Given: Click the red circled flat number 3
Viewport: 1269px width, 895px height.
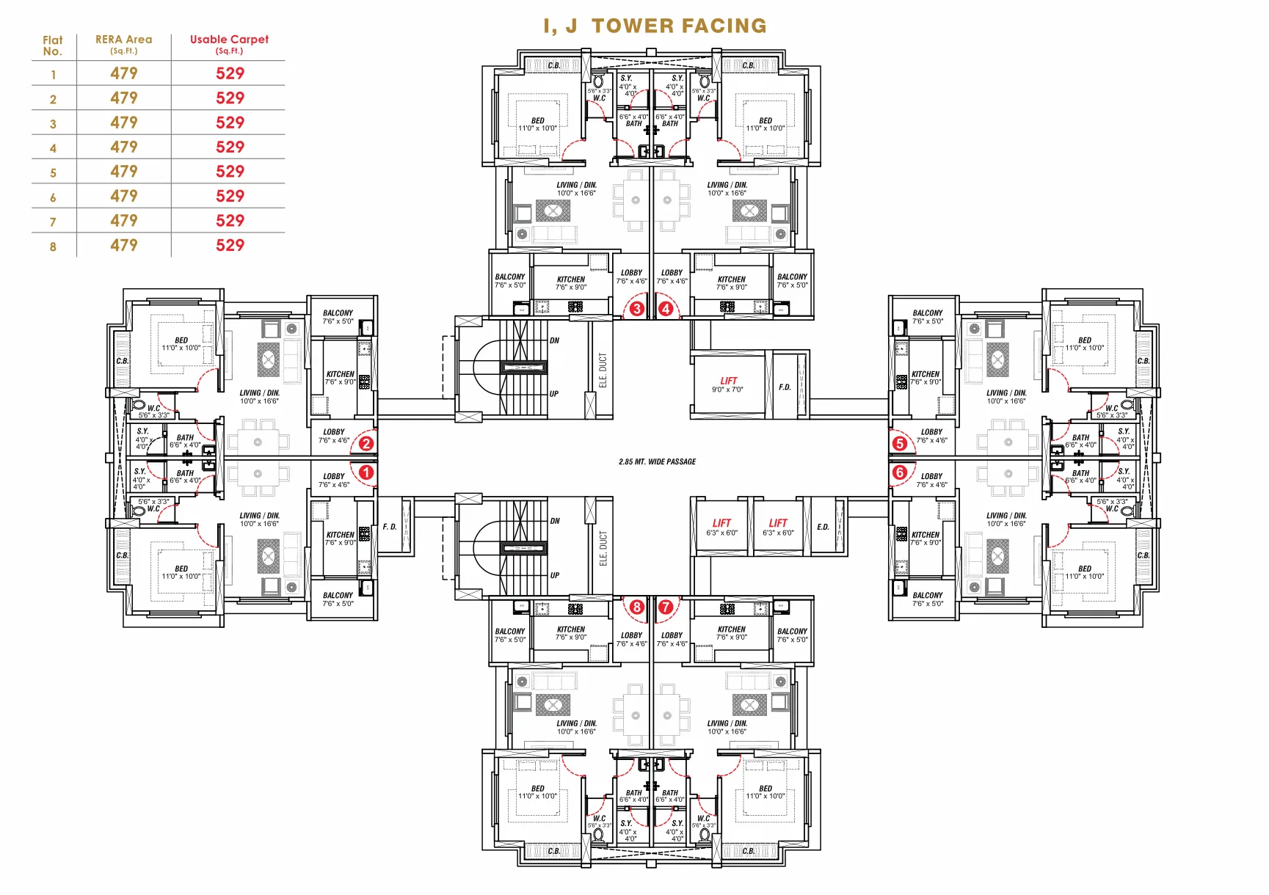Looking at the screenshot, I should (636, 309).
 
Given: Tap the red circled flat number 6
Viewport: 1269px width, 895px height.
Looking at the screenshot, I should (900, 472).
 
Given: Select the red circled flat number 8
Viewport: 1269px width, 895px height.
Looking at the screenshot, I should (636, 607).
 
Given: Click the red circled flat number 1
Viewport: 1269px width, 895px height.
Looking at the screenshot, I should (366, 472).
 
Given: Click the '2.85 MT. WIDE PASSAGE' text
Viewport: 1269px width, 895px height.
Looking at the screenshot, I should (657, 461).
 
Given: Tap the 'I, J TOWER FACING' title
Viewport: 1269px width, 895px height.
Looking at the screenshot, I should (655, 26).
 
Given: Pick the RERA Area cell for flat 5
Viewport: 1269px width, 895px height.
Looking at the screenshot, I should (124, 172).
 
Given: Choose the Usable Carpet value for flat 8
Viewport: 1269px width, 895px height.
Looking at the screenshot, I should (230, 246).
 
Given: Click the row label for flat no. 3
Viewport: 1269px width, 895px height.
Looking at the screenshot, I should (53, 124).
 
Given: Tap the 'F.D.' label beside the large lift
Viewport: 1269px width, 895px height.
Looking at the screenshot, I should (785, 387).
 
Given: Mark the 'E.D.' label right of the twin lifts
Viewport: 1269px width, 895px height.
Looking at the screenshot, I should (823, 527).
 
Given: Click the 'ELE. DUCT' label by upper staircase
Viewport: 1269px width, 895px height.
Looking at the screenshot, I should (603, 370).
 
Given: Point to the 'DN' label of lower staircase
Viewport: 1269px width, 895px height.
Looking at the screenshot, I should (555, 521).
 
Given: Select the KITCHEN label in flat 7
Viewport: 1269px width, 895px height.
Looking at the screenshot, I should (731, 629).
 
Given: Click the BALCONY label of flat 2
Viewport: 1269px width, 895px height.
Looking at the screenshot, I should (338, 313).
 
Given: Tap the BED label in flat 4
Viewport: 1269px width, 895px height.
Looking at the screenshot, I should (766, 121).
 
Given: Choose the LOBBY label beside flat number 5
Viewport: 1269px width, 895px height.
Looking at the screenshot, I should (931, 432).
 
